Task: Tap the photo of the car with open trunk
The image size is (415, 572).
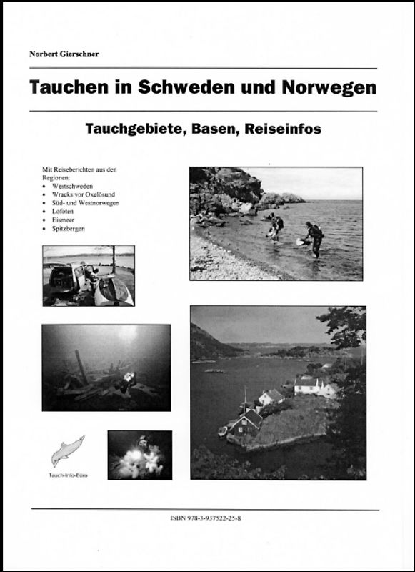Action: click(89, 275)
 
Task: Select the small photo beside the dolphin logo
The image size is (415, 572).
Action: click(140, 455)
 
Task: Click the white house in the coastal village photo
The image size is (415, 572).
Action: click(307, 386)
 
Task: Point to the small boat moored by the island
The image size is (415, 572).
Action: click(222, 431)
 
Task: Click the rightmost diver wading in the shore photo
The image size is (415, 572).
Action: click(314, 237)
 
